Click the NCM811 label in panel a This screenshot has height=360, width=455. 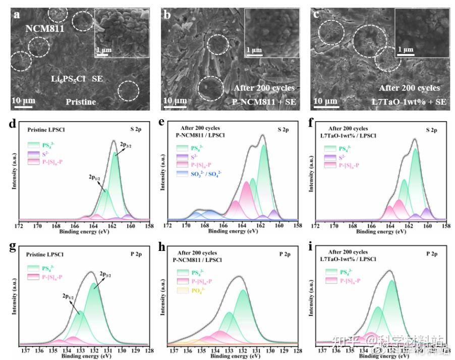coord(46,29)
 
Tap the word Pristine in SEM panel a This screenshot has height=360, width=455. coord(80,101)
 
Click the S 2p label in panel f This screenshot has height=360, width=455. coord(432,130)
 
